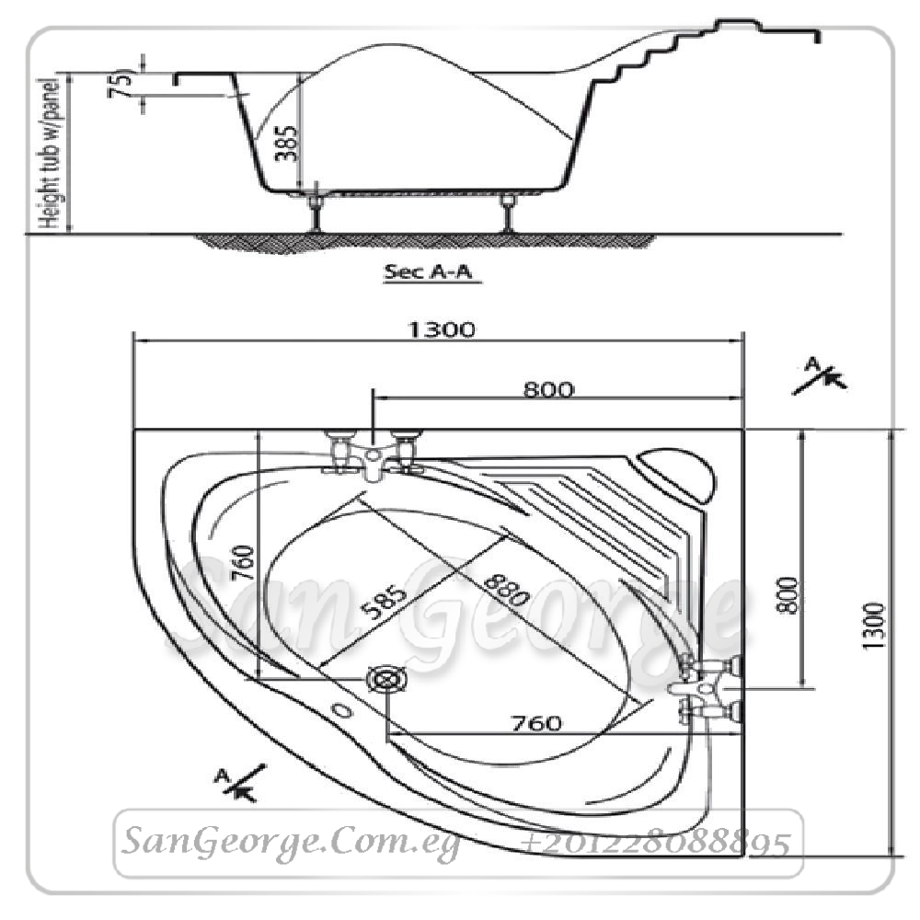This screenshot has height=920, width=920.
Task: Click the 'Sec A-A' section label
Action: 428,271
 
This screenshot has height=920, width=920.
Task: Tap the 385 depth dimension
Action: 287,143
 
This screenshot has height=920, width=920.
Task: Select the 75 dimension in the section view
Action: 121,84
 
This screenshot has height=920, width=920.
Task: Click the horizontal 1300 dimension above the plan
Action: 442,329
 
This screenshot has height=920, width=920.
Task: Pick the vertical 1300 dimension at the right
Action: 873,626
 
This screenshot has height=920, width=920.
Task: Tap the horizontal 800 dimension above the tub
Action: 548,389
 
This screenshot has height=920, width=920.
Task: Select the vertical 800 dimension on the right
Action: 788,595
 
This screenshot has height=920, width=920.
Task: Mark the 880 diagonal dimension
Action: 506,589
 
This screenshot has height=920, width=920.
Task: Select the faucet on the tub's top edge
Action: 373,454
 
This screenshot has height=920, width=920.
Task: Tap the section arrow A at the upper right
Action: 821,375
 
